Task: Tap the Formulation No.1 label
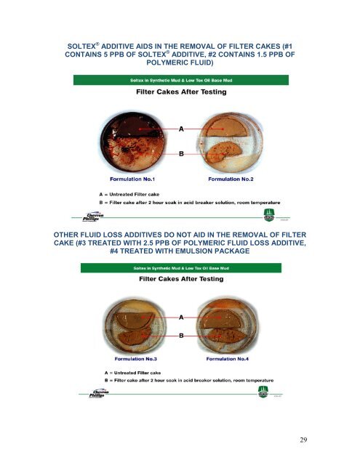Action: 136,178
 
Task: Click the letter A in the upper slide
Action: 182,128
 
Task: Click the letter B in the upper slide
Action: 182,154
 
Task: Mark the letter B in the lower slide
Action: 182,335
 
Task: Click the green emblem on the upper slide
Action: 266,216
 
